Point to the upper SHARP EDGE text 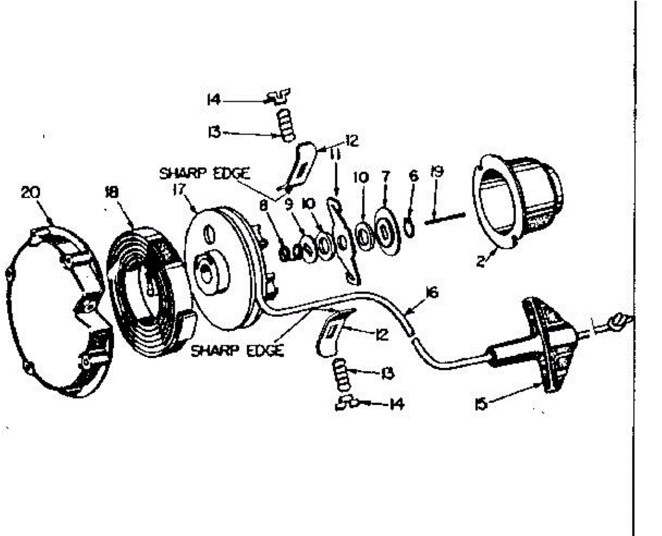click(x=205, y=173)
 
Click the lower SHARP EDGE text click(x=237, y=351)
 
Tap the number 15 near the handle click(x=481, y=405)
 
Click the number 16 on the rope click(x=432, y=293)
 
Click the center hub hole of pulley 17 click(x=210, y=270)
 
